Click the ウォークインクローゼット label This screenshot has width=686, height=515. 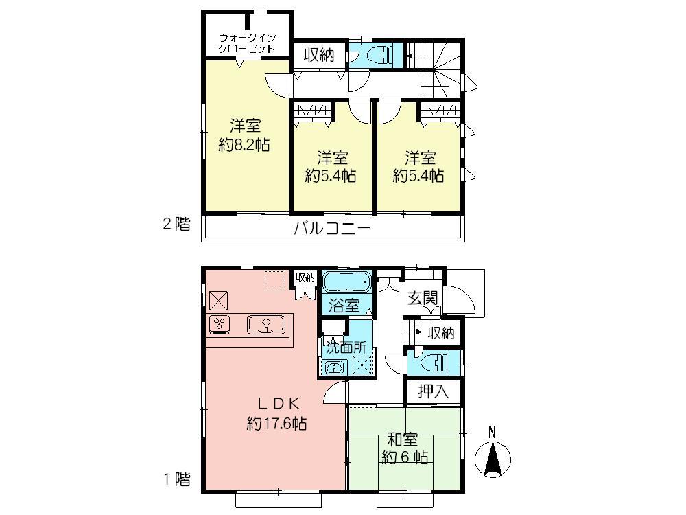[x=247, y=43]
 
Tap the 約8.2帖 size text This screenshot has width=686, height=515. [x=244, y=145]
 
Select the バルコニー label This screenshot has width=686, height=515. [x=332, y=229]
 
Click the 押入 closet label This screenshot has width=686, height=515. [x=434, y=391]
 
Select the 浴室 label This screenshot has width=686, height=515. [x=344, y=306]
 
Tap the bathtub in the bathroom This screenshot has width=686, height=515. [x=346, y=282]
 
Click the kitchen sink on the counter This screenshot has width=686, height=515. [x=265, y=325]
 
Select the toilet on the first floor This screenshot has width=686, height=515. [x=436, y=361]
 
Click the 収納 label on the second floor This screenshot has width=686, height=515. [x=319, y=55]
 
